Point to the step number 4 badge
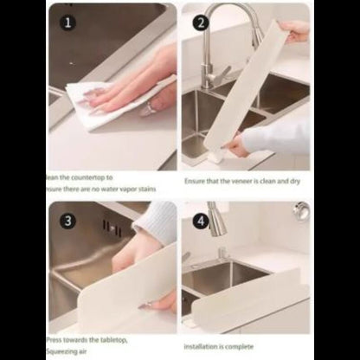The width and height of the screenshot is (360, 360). point(202,220)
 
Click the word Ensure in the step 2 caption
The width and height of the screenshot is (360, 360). point(195,183)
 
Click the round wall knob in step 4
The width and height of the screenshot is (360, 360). point(300,210)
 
